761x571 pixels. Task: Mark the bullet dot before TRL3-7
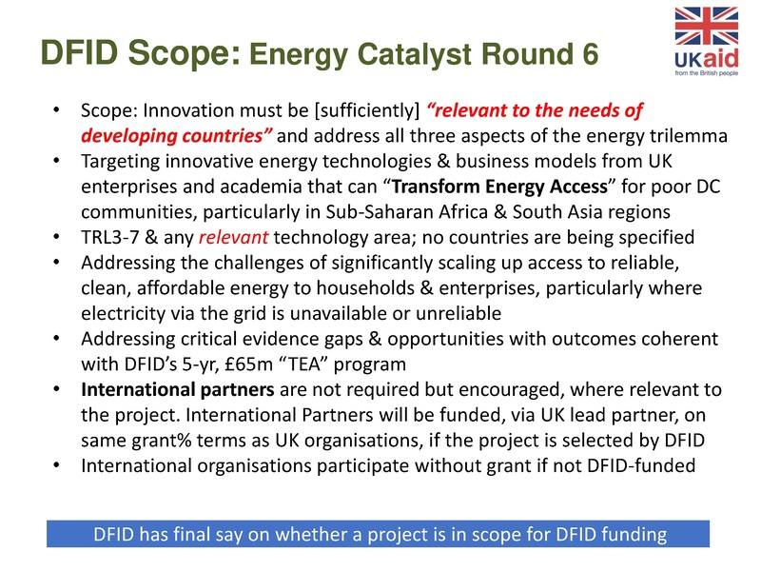[x=58, y=236]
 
